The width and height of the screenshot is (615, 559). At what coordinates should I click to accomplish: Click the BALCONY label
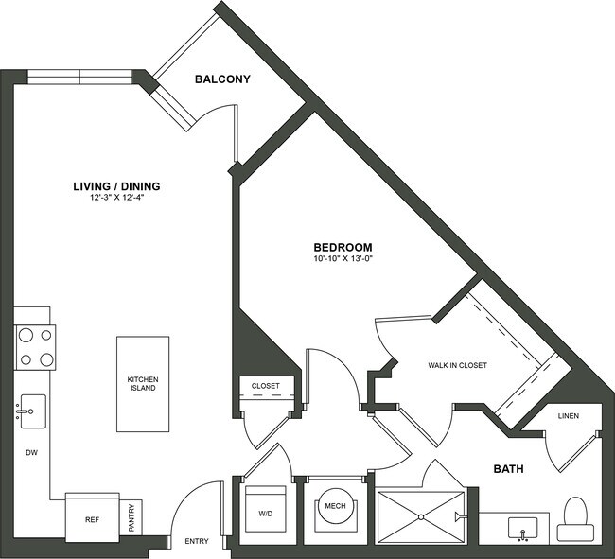(222, 79)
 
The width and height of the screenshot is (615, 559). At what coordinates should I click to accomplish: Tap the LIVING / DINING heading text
(116, 185)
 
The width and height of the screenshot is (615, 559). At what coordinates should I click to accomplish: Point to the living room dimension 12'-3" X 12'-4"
(116, 199)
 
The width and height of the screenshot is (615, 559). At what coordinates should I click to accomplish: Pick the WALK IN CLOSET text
(457, 365)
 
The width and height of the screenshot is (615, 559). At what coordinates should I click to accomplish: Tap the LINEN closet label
(568, 415)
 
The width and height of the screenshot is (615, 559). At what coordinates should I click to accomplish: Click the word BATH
(508, 468)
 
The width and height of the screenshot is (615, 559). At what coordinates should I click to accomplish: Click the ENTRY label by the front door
(197, 542)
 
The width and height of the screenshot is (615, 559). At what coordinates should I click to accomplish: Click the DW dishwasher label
(30, 452)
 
